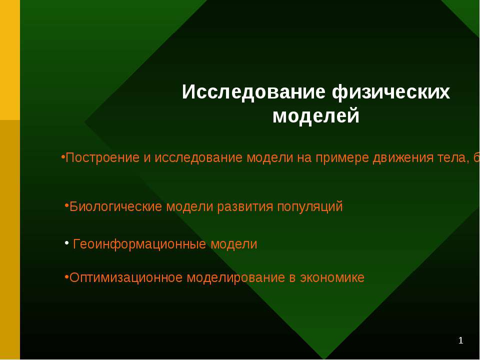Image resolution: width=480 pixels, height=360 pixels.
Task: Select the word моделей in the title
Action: tap(316, 116)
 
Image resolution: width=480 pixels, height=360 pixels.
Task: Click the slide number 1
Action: tap(461, 341)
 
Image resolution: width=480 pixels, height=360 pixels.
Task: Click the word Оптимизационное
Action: tap(126, 277)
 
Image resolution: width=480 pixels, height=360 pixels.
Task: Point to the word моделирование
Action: tap(236, 277)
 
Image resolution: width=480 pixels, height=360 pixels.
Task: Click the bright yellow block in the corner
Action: tap(10, 60)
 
